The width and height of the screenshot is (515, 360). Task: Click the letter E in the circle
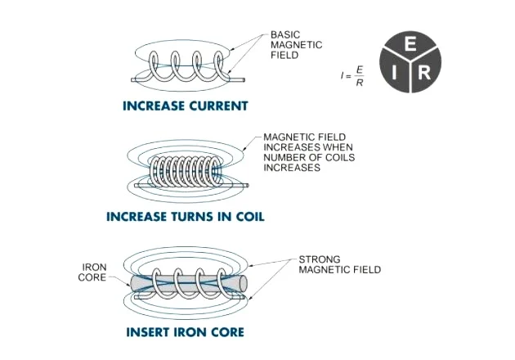tap(410, 43)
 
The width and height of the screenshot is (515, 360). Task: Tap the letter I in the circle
tap(394, 73)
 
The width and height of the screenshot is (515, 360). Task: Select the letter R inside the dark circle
tap(424, 73)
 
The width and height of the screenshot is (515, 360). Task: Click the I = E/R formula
tap(352, 76)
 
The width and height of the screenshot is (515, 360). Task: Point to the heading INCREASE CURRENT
tap(186, 106)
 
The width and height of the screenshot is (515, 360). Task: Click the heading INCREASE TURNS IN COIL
tap(186, 217)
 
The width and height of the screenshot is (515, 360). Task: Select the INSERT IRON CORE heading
tap(186, 332)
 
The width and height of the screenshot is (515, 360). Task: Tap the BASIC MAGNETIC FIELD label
tap(296, 45)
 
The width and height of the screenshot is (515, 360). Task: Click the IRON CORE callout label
tap(92, 272)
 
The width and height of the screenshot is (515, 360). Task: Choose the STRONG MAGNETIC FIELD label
tap(339, 264)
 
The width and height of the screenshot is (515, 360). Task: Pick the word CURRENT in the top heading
tap(218, 106)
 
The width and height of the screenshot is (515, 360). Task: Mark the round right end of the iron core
tap(244, 283)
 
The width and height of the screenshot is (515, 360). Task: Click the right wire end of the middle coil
tap(248, 186)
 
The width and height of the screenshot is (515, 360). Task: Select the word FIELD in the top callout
tap(284, 55)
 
